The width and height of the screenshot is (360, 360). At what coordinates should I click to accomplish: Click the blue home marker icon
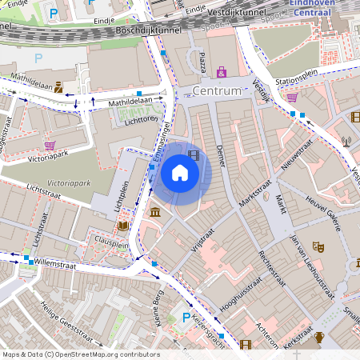(x=180, y=173)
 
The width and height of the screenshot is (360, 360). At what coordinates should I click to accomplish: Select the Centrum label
(x=217, y=91)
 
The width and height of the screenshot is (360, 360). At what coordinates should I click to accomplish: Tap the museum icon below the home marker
(x=154, y=212)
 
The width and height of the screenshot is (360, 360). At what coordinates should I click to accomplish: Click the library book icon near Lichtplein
(x=122, y=226)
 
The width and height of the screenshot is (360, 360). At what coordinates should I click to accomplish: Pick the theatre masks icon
(x=317, y=248)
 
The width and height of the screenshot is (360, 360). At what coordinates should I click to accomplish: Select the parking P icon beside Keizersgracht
(x=186, y=318)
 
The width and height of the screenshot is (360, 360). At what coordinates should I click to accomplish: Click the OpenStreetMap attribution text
(x=81, y=354)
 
